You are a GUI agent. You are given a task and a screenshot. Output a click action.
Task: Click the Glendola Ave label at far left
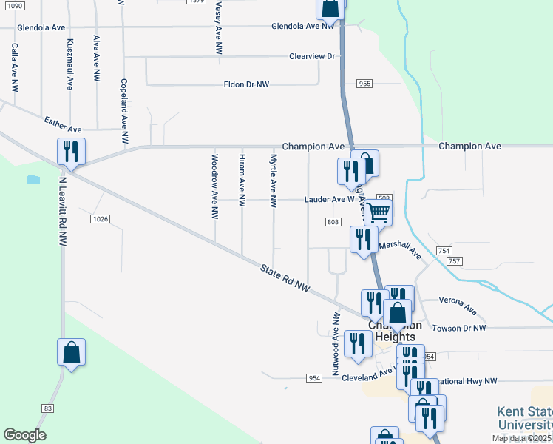click(41, 27)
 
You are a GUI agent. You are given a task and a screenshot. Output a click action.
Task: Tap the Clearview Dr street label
click(312, 56)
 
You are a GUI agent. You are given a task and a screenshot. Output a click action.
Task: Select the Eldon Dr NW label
click(246, 85)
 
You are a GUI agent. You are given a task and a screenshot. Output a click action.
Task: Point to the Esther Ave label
click(61, 121)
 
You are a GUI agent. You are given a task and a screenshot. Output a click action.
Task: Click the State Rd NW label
click(285, 278)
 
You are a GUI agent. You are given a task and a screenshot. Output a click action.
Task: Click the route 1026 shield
click(101, 219)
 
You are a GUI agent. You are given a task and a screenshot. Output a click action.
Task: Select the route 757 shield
click(454, 261)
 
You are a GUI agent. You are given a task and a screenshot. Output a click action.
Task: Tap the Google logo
click(24, 435)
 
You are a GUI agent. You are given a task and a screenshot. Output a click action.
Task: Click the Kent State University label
click(523, 418)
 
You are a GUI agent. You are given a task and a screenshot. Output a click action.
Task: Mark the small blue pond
click(33, 179)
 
